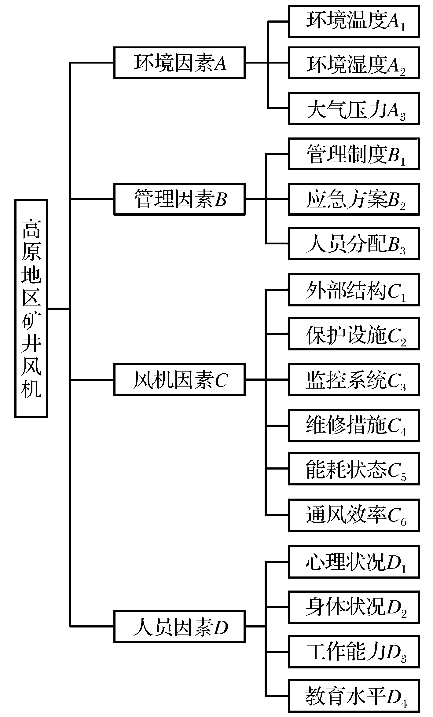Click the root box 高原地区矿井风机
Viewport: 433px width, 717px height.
tap(31, 309)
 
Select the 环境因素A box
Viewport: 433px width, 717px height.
tap(179, 63)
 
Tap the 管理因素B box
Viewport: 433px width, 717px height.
tap(179, 199)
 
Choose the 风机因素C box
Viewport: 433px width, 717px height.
tap(179, 380)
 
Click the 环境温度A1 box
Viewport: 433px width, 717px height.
tap(354, 22)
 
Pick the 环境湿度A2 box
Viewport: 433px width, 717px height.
tap(354, 63)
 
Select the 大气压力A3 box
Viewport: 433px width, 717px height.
tap(354, 108)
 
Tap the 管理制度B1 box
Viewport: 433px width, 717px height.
tap(354, 154)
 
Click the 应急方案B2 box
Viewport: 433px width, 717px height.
tap(354, 199)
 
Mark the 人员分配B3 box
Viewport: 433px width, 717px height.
tap(354, 244)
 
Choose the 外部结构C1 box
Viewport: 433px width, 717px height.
tap(354, 290)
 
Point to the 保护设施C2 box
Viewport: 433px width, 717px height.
tap(354, 334)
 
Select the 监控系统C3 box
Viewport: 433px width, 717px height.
tap(354, 380)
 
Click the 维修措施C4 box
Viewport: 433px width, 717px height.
tap(354, 426)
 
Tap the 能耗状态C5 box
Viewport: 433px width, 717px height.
tap(354, 469)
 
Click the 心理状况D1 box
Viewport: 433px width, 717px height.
tap(354, 562)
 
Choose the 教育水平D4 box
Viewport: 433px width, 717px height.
tap(354, 696)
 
